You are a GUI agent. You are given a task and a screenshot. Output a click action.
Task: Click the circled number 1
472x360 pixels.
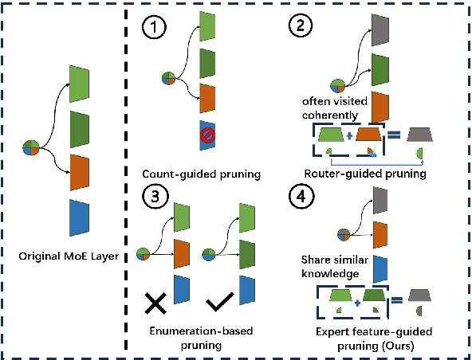click(x=153, y=28)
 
